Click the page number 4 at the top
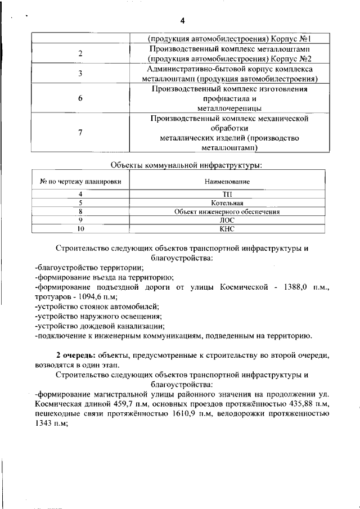[x=182, y=21]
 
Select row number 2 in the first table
[x=80, y=53]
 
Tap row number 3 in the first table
[x=80, y=74]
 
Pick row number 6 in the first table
[x=80, y=98]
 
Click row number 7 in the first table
[x=80, y=133]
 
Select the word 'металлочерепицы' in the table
[x=229, y=107]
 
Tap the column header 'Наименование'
[x=227, y=182]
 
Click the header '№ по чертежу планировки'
[x=80, y=182]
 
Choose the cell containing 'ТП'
[x=227, y=194]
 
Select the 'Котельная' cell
[x=227, y=203]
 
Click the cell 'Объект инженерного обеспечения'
[x=227, y=212]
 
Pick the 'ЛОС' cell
[x=227, y=220]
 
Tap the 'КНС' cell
[x=227, y=229]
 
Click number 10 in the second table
[x=80, y=229]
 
